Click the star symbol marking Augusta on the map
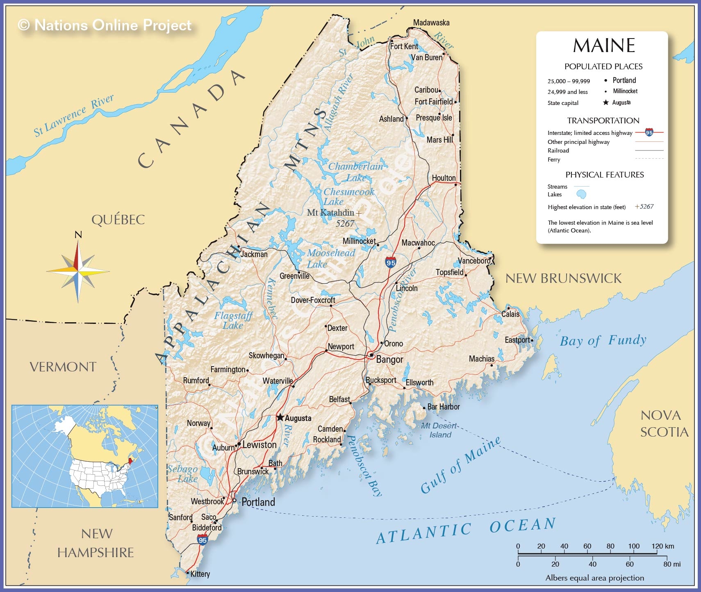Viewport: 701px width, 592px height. [280, 417]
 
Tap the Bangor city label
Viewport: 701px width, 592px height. [389, 360]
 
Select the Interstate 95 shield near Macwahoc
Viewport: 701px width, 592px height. [391, 262]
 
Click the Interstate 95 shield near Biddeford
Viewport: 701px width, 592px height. [203, 540]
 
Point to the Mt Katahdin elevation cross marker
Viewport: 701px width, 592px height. [359, 213]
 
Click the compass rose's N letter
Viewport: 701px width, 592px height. [78, 235]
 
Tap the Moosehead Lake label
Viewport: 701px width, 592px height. [330, 258]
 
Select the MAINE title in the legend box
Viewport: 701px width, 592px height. [604, 46]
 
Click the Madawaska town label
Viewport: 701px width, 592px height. [431, 23]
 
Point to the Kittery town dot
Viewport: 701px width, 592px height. [188, 573]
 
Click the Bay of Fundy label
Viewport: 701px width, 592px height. [603, 340]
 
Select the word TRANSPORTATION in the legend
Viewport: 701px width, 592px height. [603, 121]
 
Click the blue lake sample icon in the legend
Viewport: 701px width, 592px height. [581, 194]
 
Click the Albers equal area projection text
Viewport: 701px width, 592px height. [594, 578]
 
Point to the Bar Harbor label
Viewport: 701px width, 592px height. [443, 407]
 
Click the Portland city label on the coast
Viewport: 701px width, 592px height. [258, 502]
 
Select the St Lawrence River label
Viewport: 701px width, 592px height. [73, 116]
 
